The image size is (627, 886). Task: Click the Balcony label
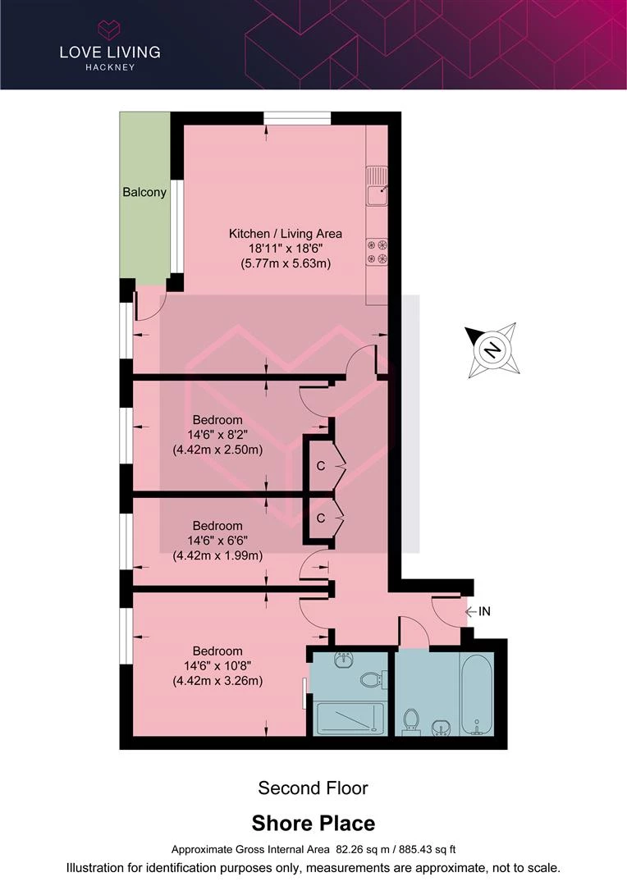144,192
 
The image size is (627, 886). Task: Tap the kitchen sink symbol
377,186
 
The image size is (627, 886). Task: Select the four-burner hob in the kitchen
378,252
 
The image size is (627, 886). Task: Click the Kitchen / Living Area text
285,233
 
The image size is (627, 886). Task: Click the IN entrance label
484,611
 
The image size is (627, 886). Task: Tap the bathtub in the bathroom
477,695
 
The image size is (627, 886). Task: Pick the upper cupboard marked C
321,466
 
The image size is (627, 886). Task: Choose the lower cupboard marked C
321,518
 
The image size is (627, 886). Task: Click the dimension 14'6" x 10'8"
217,666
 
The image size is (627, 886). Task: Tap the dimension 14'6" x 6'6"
217,541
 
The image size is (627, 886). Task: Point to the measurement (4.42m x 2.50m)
217,450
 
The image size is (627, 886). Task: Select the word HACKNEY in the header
110,67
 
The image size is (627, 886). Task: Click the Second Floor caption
313,788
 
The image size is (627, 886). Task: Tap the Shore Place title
313,824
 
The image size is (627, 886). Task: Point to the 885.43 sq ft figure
428,849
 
